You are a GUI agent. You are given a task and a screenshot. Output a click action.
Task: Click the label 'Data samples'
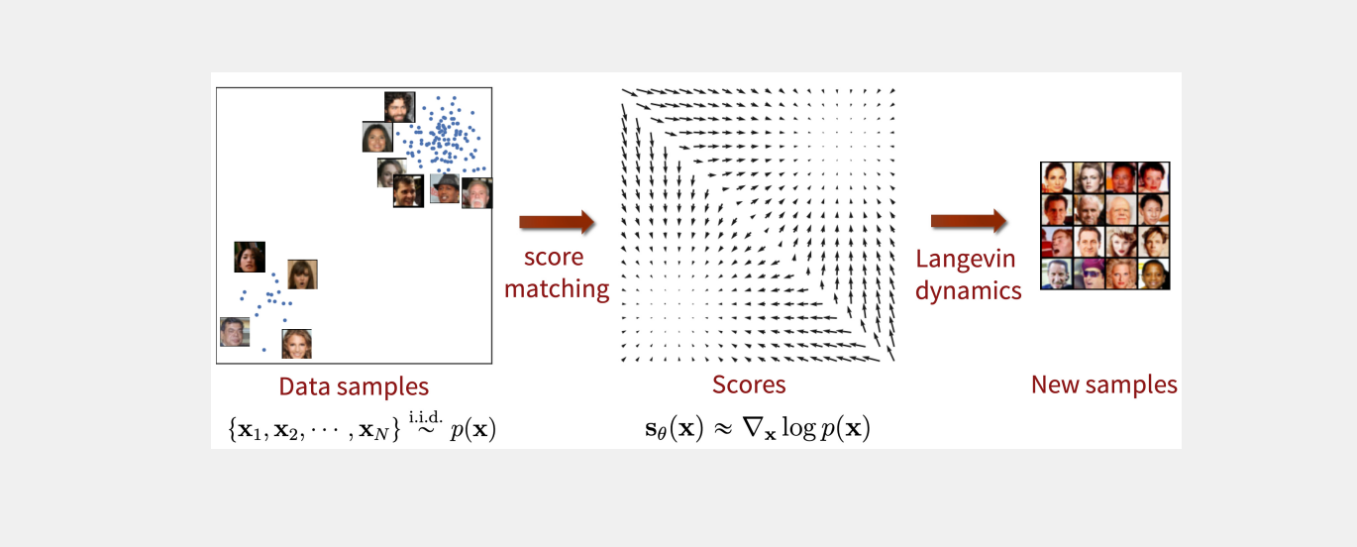[354, 386]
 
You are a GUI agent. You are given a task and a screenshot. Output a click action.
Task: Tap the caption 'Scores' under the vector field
[748, 384]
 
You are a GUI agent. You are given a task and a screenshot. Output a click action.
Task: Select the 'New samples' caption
[1104, 384]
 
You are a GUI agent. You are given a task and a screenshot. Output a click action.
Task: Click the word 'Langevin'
[964, 260]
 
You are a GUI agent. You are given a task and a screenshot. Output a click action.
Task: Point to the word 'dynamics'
[968, 291]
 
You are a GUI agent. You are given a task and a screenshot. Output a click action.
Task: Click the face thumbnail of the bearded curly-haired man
[398, 107]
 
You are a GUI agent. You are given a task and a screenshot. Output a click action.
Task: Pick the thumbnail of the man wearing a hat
[444, 188]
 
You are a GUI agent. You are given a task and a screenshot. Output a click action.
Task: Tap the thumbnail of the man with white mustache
[476, 193]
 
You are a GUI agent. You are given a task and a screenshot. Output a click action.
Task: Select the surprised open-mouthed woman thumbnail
[302, 273]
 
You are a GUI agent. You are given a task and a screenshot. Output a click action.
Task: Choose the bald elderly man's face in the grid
[1122, 208]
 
